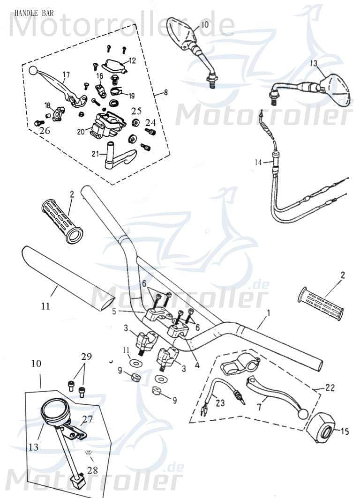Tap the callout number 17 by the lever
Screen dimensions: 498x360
(66, 74)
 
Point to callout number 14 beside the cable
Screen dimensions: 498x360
(258, 162)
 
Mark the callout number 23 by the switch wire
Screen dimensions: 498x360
(219, 401)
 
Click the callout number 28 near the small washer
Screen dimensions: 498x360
(93, 469)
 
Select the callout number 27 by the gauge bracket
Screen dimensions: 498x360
(88, 420)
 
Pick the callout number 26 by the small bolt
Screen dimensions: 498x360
(45, 131)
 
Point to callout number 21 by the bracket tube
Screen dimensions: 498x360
(96, 154)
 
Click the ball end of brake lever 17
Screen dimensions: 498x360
(32, 70)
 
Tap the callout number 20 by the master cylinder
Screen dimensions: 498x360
(81, 132)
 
